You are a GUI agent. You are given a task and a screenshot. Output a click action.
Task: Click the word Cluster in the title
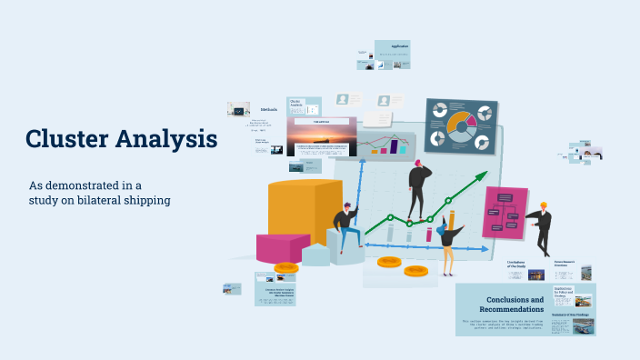(67, 139)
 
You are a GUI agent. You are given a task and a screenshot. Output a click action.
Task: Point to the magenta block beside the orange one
(283, 247)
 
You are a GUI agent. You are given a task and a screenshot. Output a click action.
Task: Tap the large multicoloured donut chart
(462, 125)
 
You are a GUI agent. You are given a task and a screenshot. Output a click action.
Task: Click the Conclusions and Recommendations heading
(515, 305)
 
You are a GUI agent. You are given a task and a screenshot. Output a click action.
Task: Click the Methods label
(269, 110)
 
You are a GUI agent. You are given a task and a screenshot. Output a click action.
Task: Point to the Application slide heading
(400, 46)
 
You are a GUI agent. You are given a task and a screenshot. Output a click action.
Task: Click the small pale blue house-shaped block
(315, 254)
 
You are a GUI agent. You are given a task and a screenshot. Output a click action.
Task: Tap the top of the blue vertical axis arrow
(361, 163)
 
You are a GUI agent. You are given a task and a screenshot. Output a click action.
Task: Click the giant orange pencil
(452, 222)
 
